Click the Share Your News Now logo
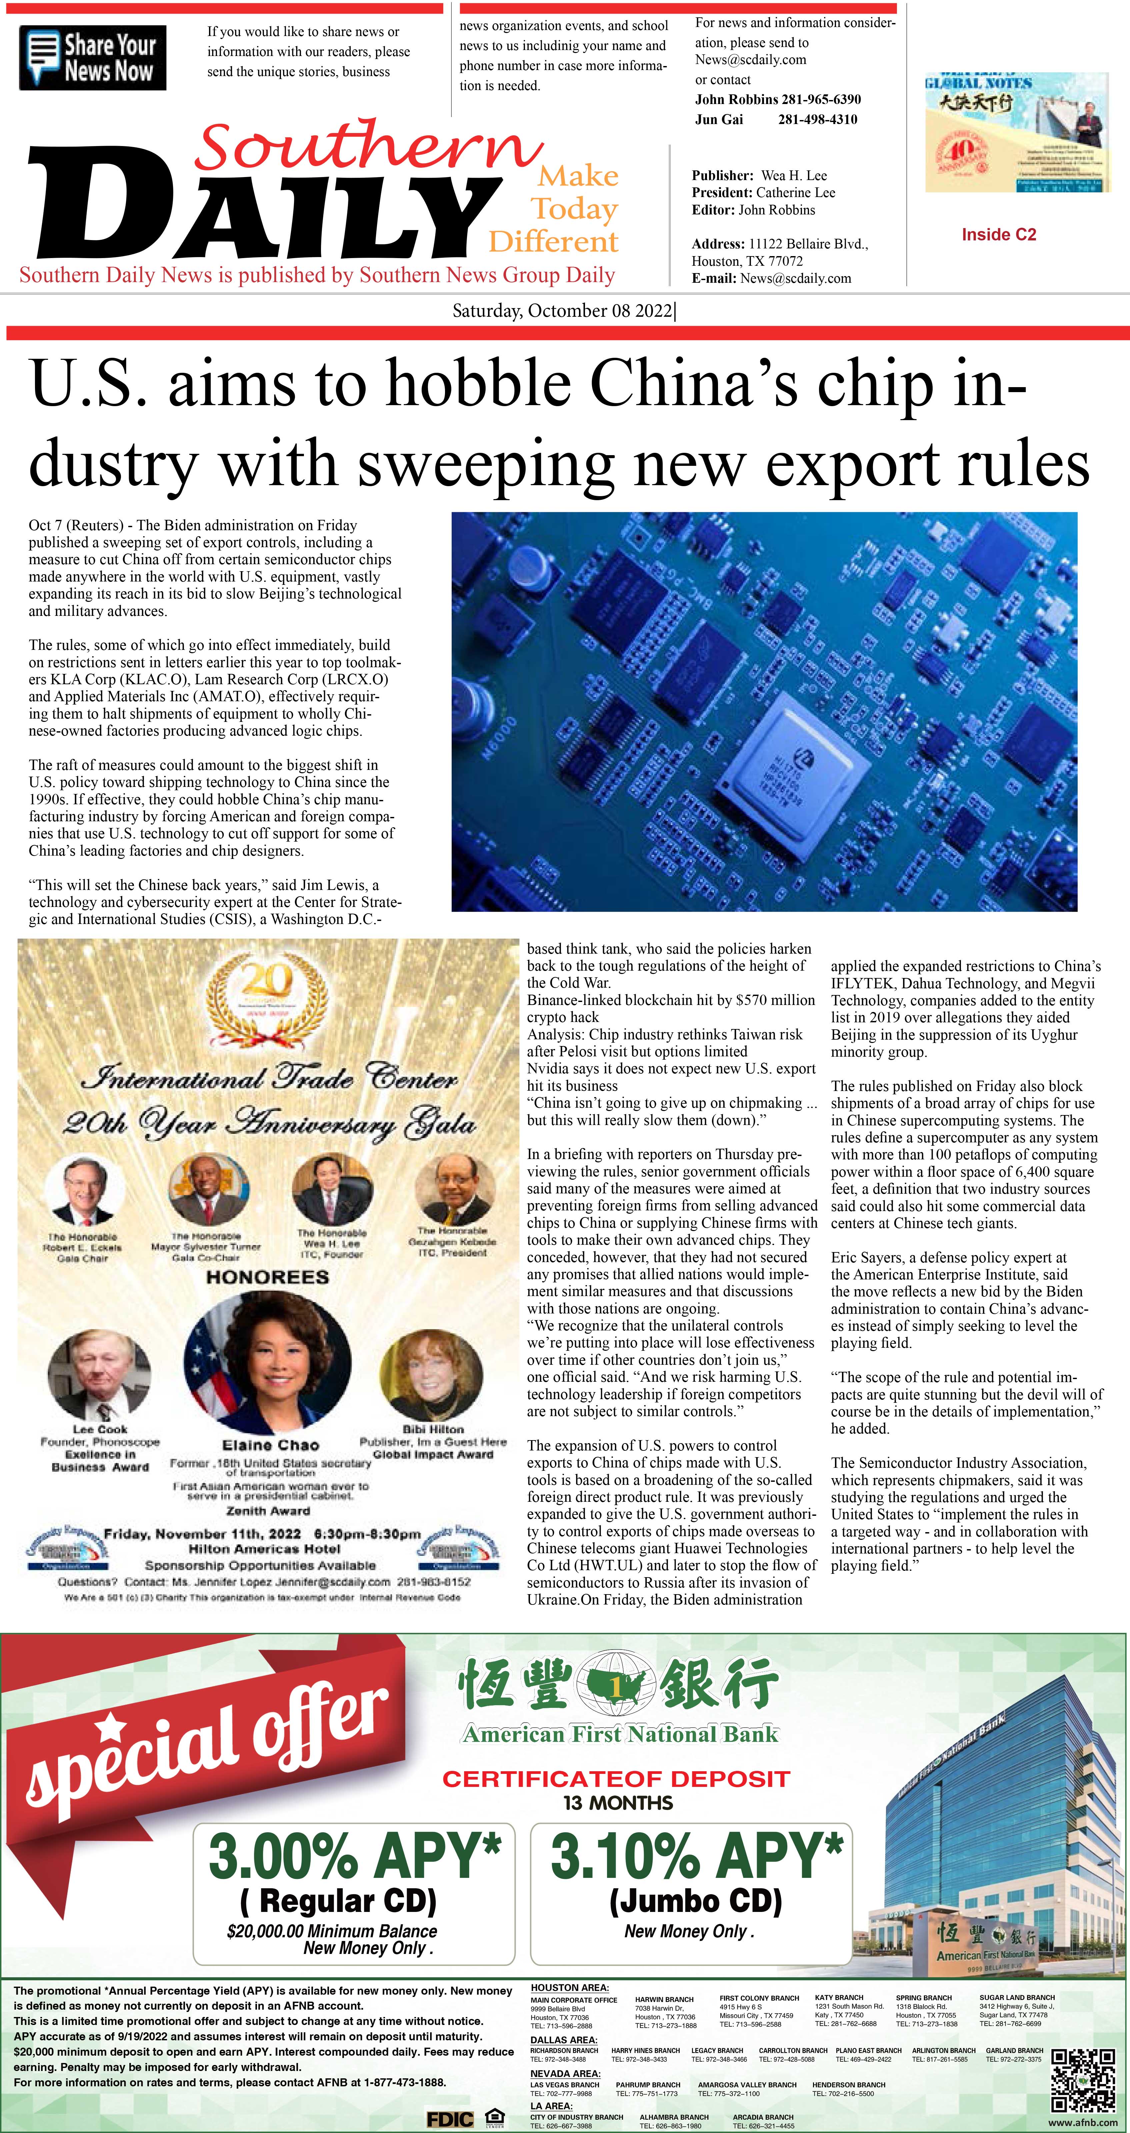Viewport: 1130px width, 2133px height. pyautogui.click(x=93, y=58)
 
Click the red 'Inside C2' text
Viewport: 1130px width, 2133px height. pyautogui.click(x=998, y=235)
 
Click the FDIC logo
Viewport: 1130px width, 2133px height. pyautogui.click(x=450, y=2119)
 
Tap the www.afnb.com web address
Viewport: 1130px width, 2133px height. pyautogui.click(x=1082, y=2121)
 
